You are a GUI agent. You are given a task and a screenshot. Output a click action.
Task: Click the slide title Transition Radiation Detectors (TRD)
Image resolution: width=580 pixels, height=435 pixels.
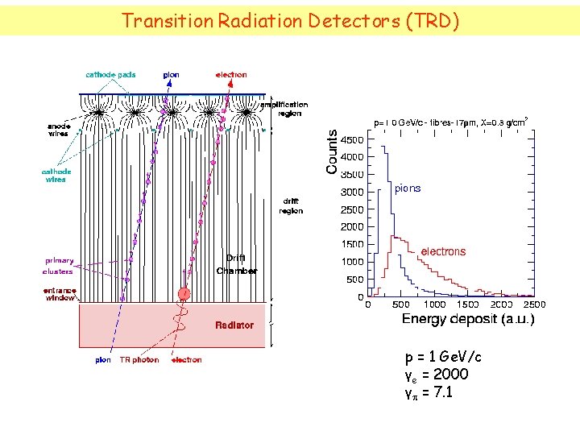click(290, 20)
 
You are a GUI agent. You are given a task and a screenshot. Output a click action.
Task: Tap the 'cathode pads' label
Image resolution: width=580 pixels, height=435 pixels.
click(110, 75)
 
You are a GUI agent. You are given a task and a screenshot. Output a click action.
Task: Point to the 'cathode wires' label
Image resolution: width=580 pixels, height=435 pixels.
click(56, 175)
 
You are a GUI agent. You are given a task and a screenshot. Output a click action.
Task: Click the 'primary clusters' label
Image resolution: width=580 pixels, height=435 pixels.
click(59, 265)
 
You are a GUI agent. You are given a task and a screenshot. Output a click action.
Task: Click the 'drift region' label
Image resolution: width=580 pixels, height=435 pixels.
click(291, 206)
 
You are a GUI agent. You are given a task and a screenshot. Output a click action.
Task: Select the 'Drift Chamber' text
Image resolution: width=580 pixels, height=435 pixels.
click(236, 264)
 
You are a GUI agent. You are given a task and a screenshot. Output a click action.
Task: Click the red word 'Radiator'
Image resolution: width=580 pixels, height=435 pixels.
click(234, 325)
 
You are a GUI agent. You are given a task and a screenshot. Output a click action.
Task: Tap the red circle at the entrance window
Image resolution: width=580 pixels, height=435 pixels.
click(184, 294)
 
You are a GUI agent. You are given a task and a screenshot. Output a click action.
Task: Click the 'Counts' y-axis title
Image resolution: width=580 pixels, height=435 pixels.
click(332, 153)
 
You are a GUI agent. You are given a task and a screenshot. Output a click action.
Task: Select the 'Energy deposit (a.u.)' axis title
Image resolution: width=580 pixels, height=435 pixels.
click(467, 320)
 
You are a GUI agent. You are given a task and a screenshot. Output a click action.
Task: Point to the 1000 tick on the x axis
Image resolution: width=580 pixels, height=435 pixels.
click(434, 304)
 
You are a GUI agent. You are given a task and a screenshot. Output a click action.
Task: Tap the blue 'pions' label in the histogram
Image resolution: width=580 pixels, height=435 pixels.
click(408, 188)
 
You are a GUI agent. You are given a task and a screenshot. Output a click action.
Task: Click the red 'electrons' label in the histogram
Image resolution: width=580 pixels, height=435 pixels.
click(443, 251)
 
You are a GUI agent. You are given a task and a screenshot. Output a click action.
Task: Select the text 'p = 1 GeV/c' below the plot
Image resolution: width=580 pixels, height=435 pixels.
click(443, 357)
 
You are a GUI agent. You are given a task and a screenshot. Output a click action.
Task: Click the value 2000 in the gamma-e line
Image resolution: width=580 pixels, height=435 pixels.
click(450, 375)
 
